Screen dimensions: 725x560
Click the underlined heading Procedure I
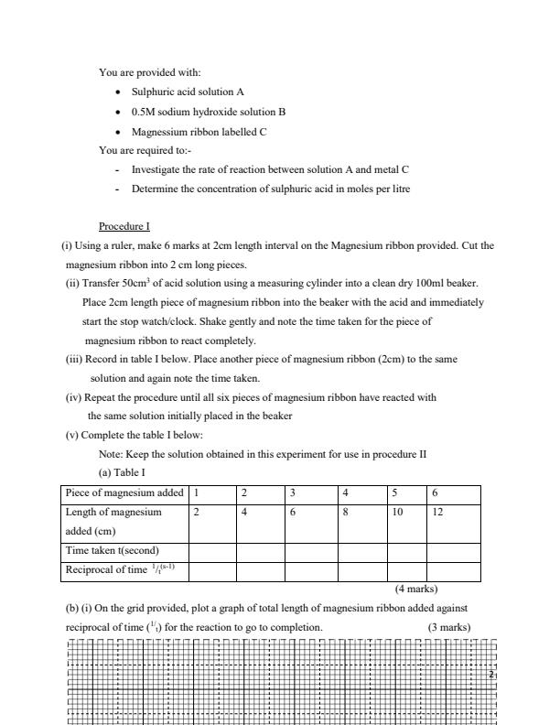(124, 226)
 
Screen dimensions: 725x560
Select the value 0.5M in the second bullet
(145, 112)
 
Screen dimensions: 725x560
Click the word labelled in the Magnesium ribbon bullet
(237, 132)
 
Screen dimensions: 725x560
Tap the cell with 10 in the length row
(398, 513)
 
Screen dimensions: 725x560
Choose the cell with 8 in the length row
(345, 513)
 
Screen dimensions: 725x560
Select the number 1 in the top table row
(196, 493)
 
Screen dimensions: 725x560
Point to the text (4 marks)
(415, 589)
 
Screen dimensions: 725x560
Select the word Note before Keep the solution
(110, 454)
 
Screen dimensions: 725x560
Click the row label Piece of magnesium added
(124, 493)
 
